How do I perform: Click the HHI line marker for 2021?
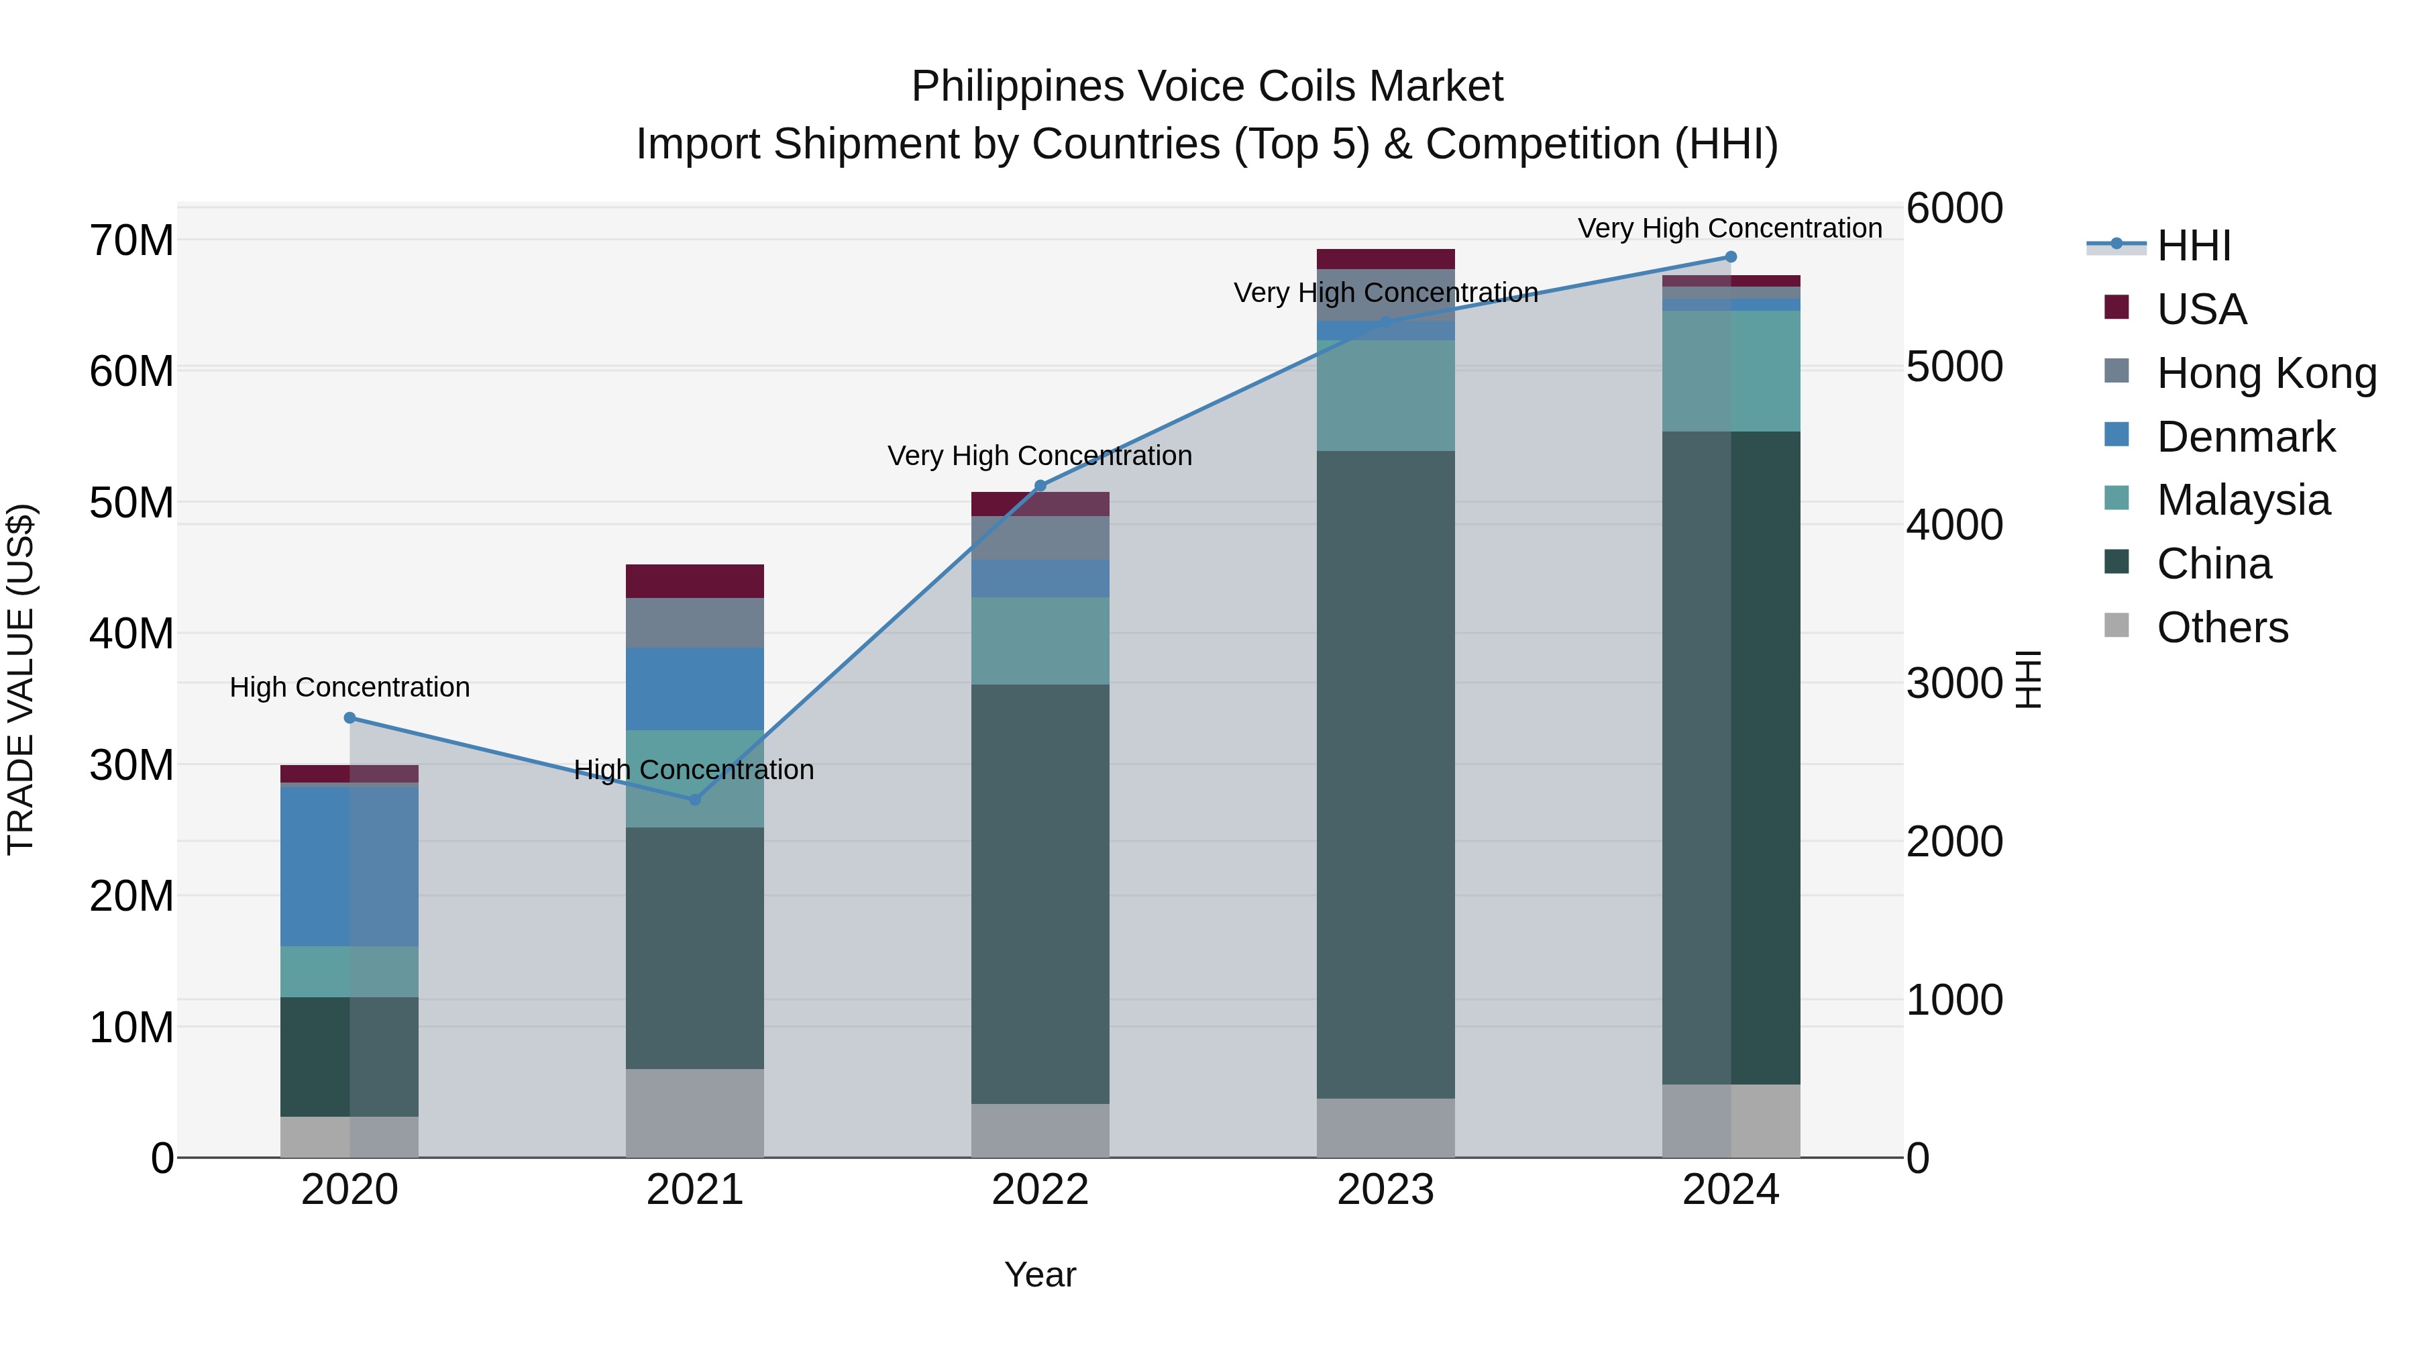695,799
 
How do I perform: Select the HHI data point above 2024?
1731,257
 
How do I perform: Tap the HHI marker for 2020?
350,717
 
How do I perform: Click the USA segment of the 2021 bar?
695,581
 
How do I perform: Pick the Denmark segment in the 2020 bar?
350,866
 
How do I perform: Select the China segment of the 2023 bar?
1386,774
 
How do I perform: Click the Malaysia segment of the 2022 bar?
1040,641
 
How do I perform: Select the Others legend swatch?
2117,625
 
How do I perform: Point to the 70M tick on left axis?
131,241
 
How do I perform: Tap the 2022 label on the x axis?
1040,1190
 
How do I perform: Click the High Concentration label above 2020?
350,687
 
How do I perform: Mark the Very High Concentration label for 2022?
1040,456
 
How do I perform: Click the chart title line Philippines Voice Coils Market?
1207,87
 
